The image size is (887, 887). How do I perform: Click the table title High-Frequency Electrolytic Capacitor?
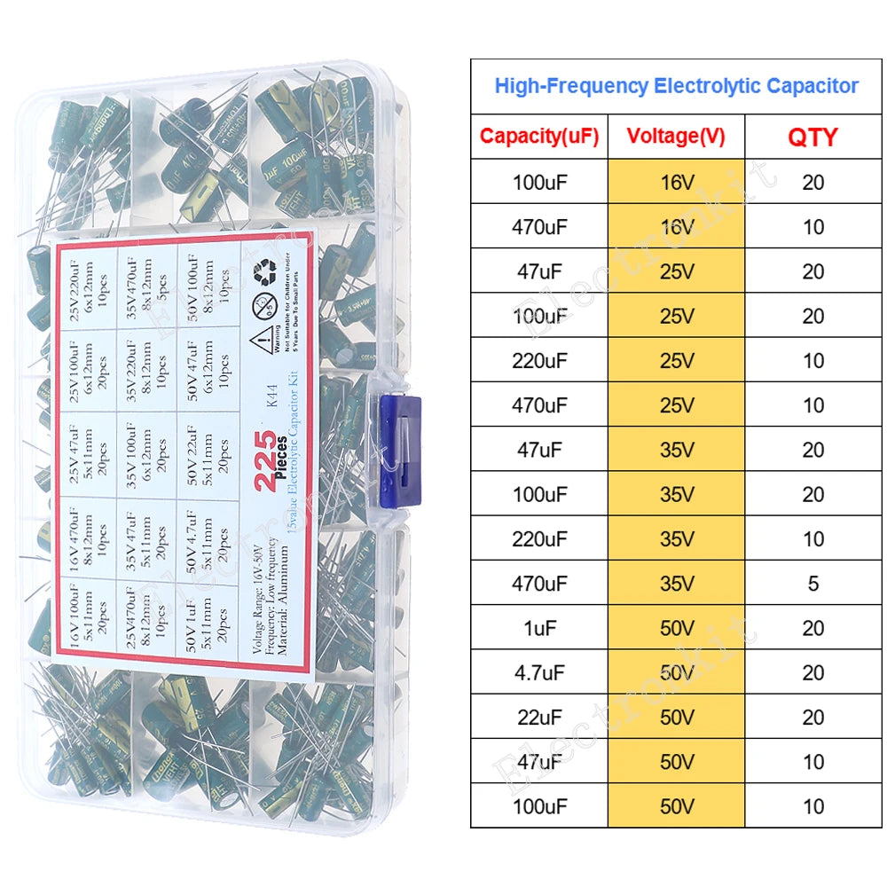coord(676,86)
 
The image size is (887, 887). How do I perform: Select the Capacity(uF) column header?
coord(539,137)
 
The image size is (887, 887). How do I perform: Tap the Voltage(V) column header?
coord(676,137)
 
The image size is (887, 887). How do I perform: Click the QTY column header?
coord(812,137)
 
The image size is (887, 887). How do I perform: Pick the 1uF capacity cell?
coord(539,628)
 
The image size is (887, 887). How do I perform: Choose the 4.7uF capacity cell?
coord(539,672)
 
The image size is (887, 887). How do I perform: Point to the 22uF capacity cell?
coord(539,717)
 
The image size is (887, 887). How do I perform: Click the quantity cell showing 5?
coord(812,584)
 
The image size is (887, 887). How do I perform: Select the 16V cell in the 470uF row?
coord(676,226)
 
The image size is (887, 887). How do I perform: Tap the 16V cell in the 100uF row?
coord(676,182)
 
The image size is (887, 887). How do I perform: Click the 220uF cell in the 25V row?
coord(539,360)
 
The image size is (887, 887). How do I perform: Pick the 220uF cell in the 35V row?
coord(539,538)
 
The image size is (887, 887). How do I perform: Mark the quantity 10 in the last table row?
coord(812,806)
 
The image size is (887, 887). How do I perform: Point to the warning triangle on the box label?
coord(263,341)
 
